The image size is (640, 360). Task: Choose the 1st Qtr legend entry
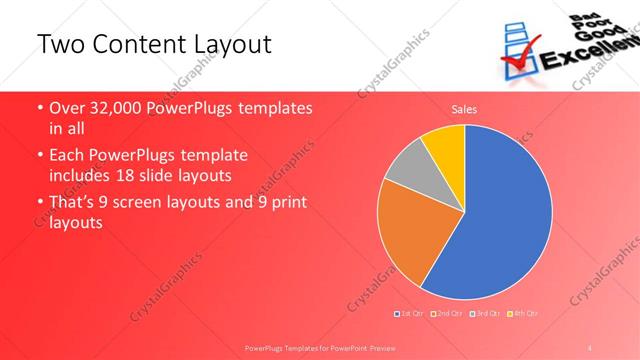pos(410,314)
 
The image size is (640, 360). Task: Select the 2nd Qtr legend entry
pos(447,314)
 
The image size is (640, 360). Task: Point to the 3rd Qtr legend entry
pos(484,314)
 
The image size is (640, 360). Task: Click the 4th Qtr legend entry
pos(521,314)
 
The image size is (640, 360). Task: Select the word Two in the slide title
pos(57,44)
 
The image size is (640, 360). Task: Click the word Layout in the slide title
pos(232,44)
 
